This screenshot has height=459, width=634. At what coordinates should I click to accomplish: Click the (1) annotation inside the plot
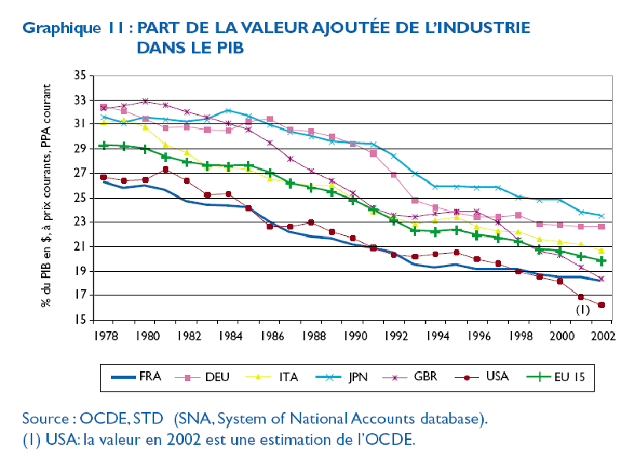(583, 310)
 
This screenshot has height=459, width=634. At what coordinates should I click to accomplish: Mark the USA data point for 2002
(602, 305)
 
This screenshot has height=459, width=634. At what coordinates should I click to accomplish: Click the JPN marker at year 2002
(602, 216)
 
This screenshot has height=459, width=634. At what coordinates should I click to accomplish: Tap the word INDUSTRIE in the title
(481, 28)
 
